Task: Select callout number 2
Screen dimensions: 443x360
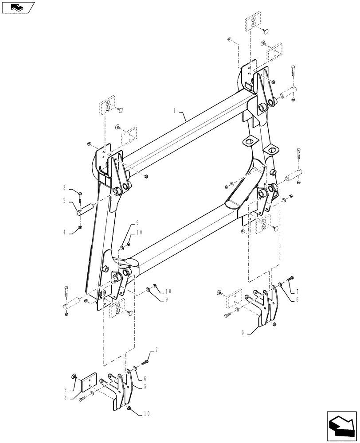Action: point(65,201)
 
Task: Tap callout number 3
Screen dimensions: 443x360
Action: point(65,187)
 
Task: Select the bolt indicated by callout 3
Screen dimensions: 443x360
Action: point(80,194)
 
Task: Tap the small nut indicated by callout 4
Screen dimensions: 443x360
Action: point(80,227)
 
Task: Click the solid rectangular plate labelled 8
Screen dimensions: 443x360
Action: point(90,379)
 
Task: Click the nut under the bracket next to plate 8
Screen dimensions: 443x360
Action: point(129,408)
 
